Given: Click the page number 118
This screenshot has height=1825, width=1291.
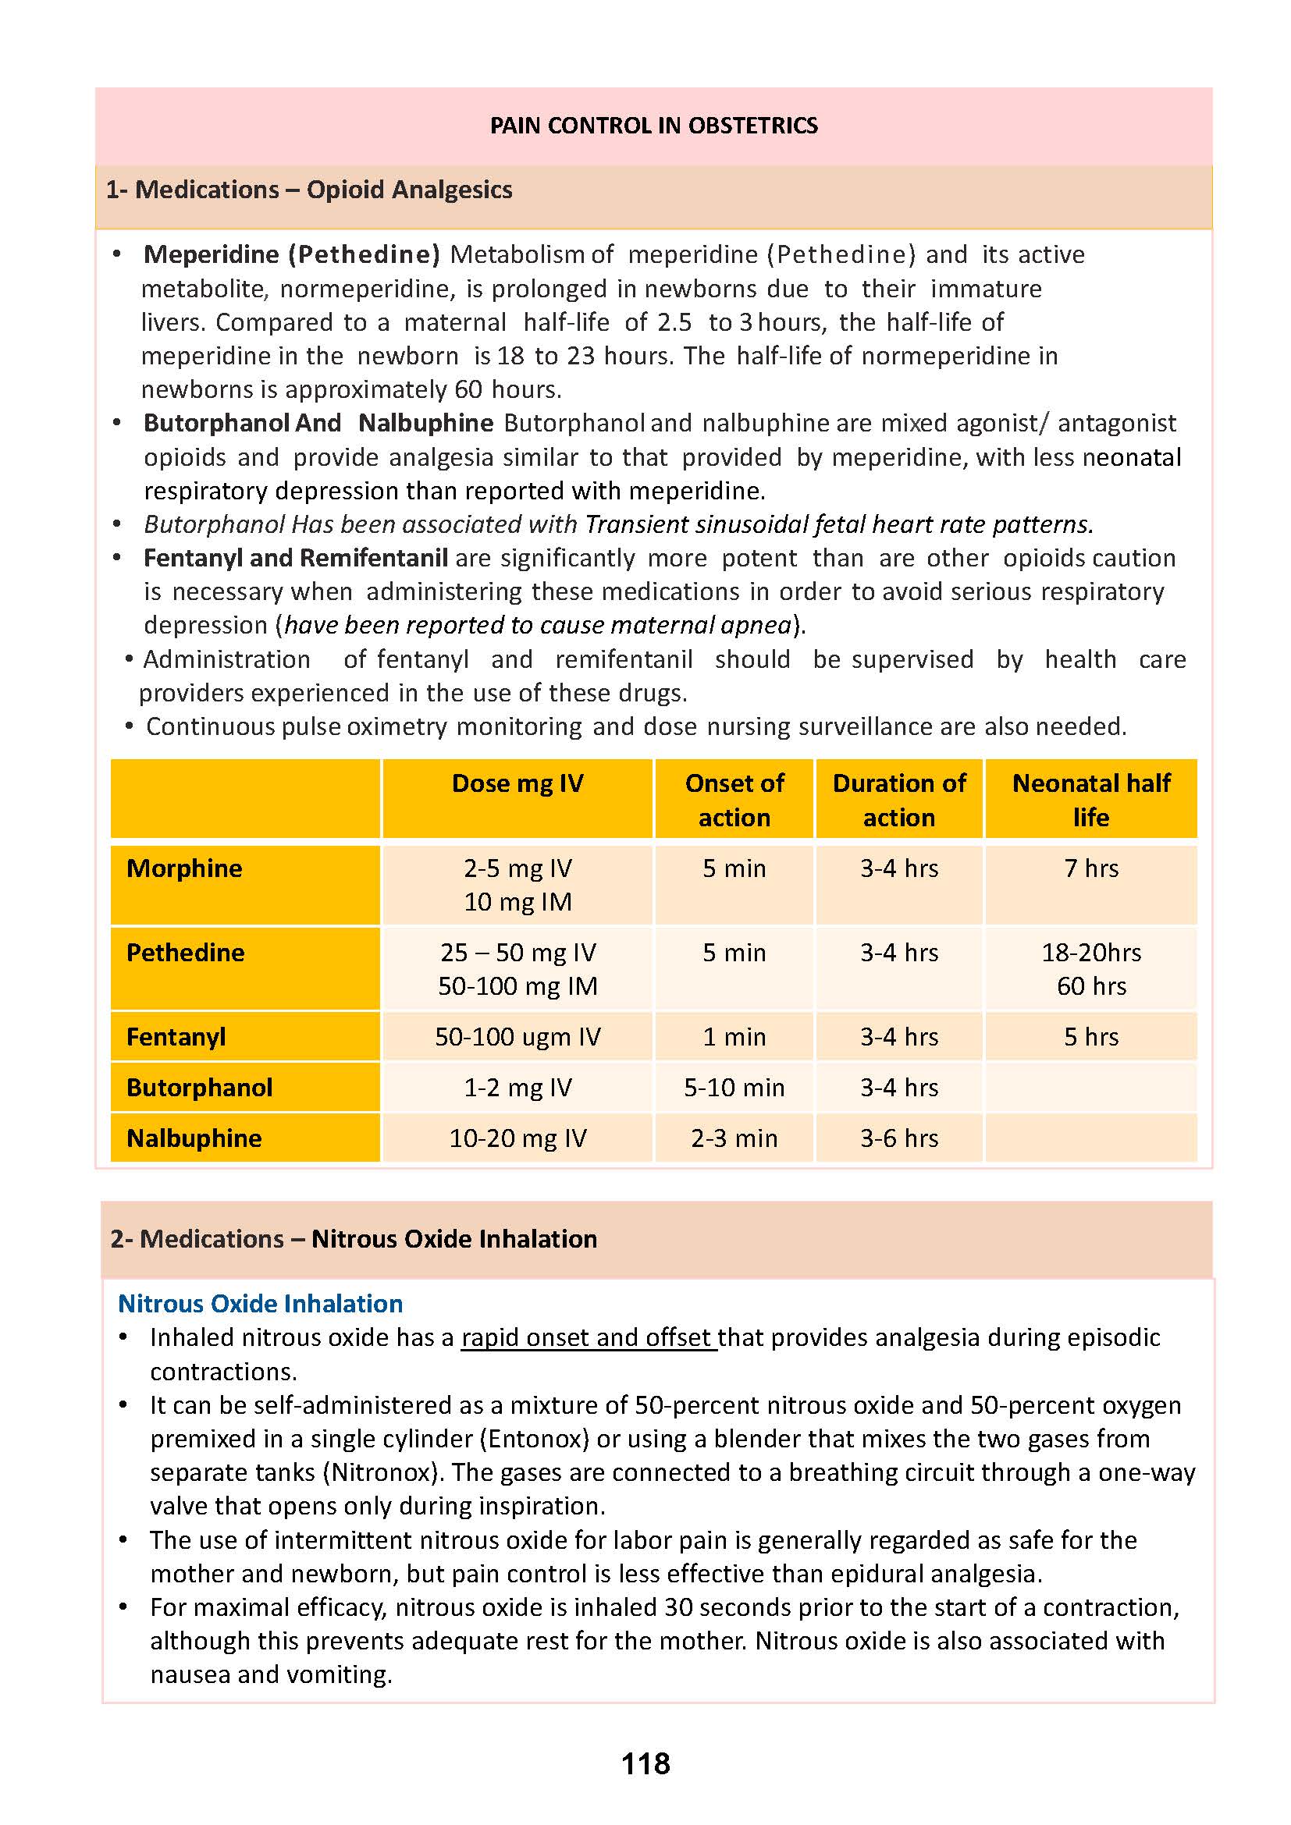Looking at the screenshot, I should (645, 1763).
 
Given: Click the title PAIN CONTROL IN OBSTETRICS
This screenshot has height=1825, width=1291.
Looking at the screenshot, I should (653, 126).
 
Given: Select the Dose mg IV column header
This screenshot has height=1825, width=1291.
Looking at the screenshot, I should (517, 783).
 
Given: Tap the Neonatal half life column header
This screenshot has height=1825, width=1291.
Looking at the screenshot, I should (1090, 800).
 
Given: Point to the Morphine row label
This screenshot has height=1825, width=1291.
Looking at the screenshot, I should (184, 868).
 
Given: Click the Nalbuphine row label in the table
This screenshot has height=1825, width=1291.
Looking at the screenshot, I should (194, 1138).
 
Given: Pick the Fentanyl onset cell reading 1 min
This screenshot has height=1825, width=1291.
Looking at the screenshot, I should (734, 1036).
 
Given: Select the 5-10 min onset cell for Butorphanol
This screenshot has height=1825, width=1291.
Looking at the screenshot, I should (734, 1088).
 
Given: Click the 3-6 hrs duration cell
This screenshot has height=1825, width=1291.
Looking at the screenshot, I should (899, 1138).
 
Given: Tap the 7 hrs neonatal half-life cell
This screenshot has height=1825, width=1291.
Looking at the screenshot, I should (1090, 868).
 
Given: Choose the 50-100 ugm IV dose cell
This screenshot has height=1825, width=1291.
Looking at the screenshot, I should (517, 1036).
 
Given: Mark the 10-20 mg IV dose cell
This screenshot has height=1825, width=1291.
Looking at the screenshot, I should (517, 1138).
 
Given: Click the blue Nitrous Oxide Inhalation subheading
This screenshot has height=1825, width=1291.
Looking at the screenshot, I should (260, 1304).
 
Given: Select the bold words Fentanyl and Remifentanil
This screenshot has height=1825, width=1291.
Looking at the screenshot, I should (296, 558).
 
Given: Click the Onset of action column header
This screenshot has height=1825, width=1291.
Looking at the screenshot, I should (734, 800).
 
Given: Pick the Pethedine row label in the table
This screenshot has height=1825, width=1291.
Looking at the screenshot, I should (185, 952).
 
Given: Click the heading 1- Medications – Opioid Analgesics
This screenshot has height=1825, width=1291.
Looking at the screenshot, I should (308, 190).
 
